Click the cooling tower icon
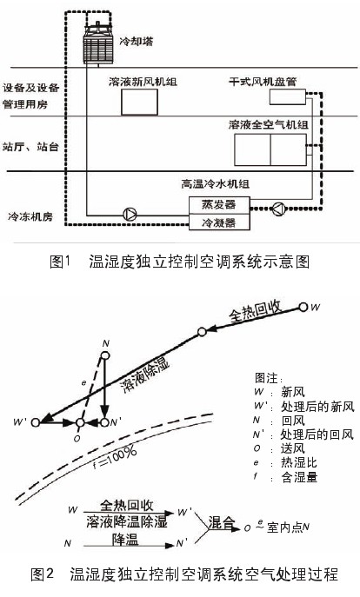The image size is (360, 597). coord(98,43)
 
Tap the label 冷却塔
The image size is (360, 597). coord(137,41)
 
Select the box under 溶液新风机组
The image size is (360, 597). coord(139,102)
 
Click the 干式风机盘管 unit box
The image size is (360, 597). coord(288,96)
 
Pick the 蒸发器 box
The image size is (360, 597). coord(219,205)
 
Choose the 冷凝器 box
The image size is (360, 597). coord(219,222)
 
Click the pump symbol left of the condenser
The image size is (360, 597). coord(130,214)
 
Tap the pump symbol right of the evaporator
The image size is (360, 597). coord(278,209)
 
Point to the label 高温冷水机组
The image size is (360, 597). coord(216,184)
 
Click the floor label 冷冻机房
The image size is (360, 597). coord(30,217)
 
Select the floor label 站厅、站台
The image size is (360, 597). coord(30,147)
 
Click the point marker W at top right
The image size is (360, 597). coord(303,307)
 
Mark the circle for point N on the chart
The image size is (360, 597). coord(105,355)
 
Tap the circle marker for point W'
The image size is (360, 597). coord(36,422)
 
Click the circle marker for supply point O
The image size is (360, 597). coord(80,422)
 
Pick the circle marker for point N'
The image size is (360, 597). coord(104,422)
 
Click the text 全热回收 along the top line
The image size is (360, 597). coord(256,311)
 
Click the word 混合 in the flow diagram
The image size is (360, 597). coord(221,523)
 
